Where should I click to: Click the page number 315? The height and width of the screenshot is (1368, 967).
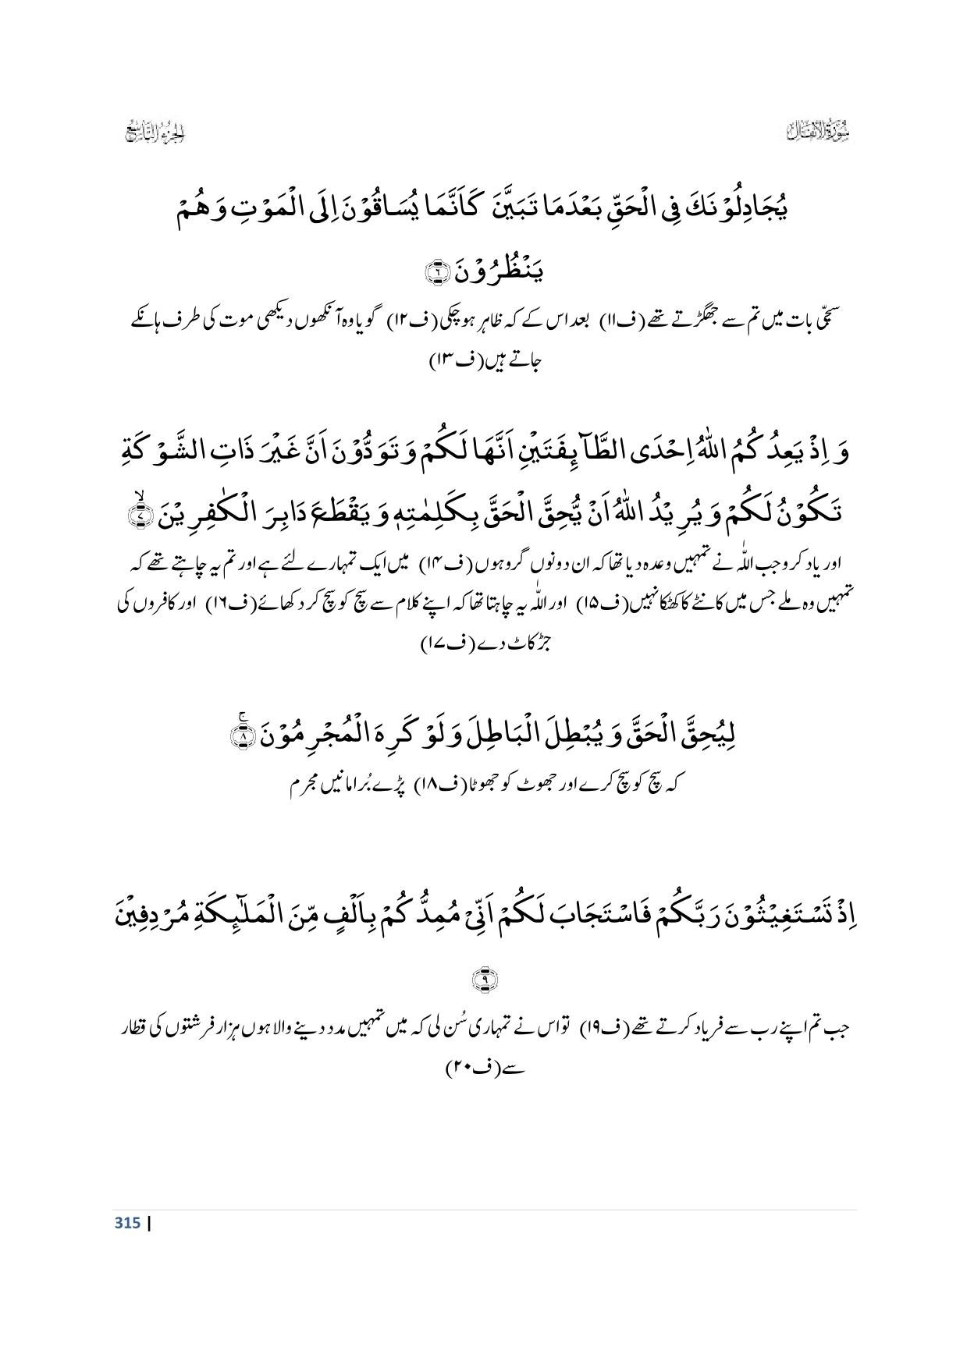[127, 1222]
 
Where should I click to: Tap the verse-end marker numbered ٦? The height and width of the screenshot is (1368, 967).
[432, 272]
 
